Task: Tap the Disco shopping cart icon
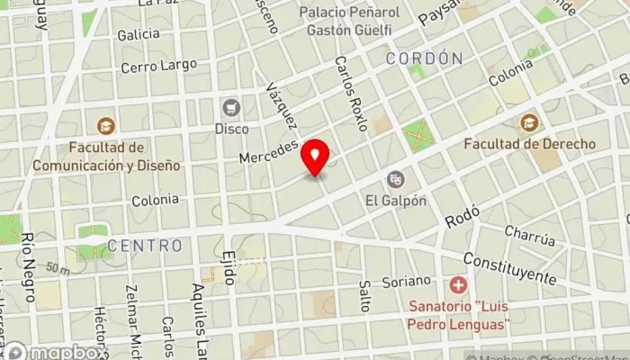coord(231,107)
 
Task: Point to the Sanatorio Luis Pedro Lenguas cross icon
coord(458,285)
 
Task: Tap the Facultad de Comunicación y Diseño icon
coord(106,126)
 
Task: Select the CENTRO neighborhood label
coord(144,245)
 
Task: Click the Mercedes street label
coord(268,151)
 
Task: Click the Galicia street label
coord(139,35)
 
